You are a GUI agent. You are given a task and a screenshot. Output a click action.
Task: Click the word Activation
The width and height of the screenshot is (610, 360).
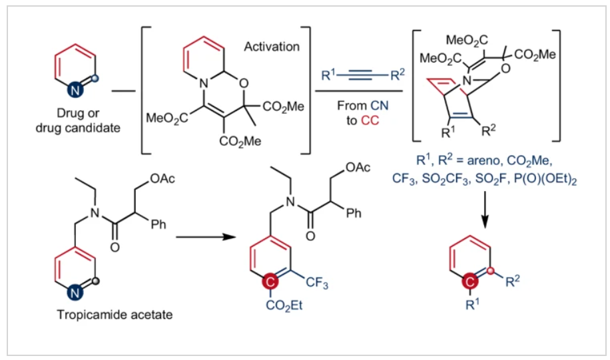[x=272, y=47]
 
